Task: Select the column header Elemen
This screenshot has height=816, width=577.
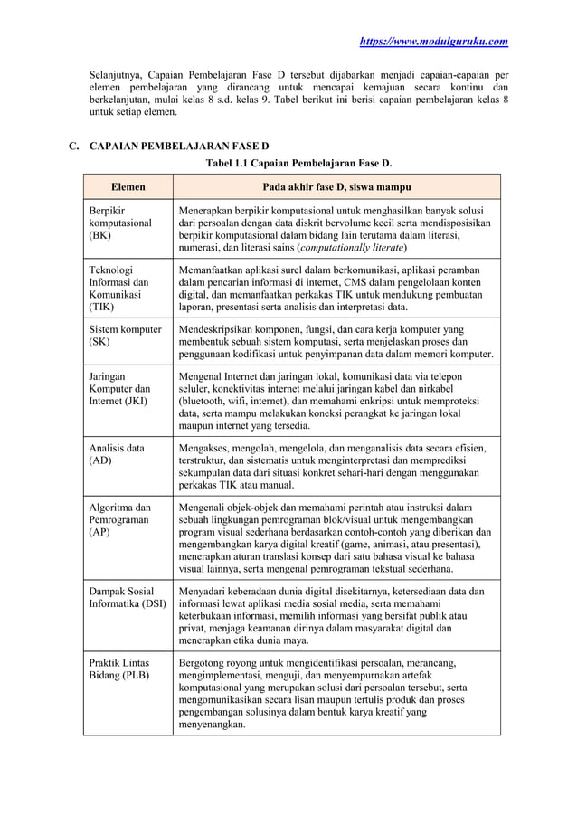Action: (128, 187)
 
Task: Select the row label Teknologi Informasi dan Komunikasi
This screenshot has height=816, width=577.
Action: (114, 288)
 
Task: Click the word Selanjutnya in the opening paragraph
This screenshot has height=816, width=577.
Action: (118, 73)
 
